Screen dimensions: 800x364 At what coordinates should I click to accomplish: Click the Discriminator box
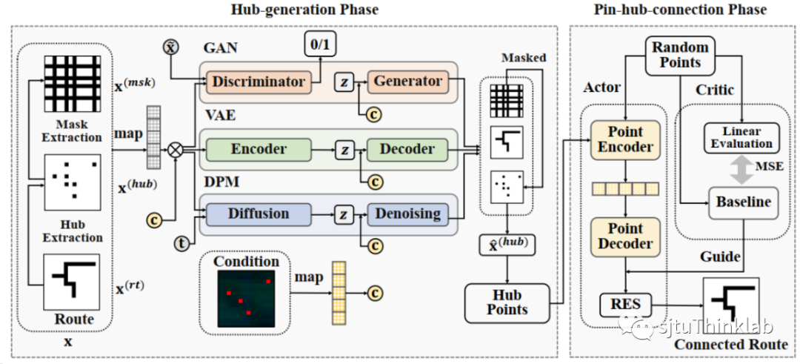click(x=259, y=82)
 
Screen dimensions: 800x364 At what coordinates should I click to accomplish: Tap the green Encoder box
click(x=259, y=149)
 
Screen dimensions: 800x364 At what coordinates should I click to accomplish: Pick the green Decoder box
click(x=407, y=149)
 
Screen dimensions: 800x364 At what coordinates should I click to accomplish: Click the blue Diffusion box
click(x=259, y=214)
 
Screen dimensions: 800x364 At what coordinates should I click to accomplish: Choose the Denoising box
click(x=407, y=214)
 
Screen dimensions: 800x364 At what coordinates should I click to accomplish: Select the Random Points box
click(x=680, y=55)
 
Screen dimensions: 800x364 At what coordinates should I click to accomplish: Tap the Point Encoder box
click(x=624, y=140)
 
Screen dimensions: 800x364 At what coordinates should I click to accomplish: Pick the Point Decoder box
click(x=624, y=236)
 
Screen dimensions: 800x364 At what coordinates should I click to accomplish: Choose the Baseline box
click(x=741, y=202)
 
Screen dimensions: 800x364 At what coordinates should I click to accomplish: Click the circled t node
click(x=181, y=243)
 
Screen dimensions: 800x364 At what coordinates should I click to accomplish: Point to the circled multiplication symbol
click(x=176, y=150)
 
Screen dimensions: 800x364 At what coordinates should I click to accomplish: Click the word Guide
click(x=720, y=257)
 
